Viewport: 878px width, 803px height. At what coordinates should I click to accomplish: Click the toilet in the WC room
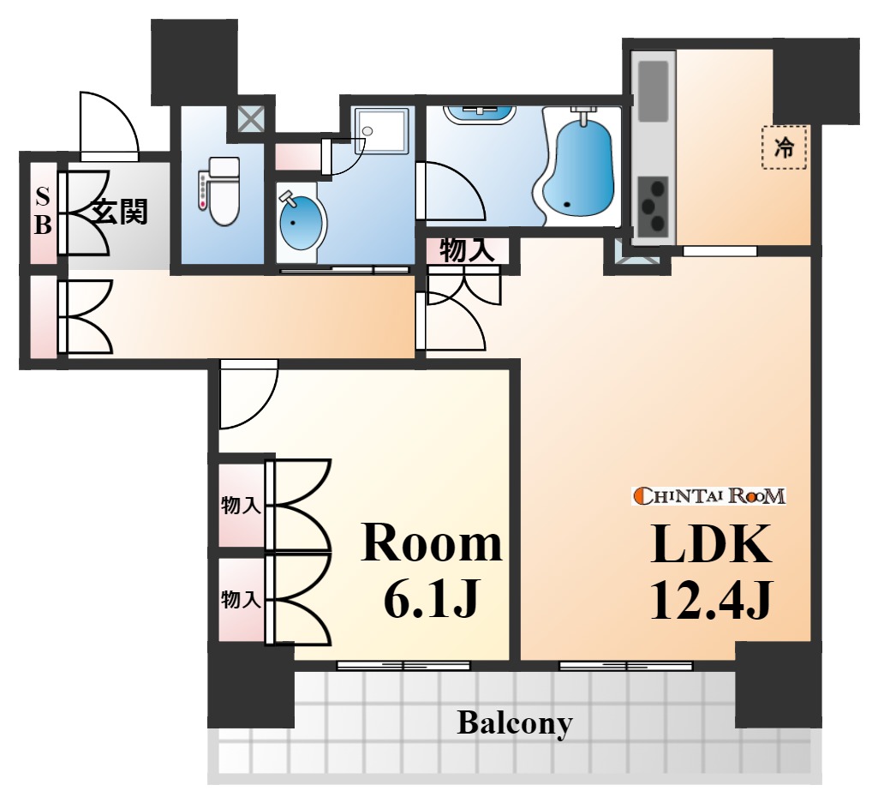point(219,191)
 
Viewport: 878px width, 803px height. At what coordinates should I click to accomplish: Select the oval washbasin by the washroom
point(302,221)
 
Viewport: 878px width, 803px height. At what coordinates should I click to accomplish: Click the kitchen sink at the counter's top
point(654,92)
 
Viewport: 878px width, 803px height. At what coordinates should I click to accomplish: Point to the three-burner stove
point(653,206)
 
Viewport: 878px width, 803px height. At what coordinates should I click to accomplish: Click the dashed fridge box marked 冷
point(785,147)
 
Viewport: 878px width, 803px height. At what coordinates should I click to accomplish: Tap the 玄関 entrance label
point(120,212)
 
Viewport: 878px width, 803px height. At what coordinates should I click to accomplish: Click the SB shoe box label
point(43,212)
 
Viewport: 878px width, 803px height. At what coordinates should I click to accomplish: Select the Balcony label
point(515,722)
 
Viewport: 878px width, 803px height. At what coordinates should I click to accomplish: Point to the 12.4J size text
point(711,599)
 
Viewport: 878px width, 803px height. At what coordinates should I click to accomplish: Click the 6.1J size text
point(431,598)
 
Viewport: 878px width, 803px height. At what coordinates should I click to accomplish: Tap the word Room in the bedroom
point(431,543)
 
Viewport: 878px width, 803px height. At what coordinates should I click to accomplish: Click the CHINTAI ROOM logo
point(709,496)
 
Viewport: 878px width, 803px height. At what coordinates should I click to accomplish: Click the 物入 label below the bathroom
point(467,250)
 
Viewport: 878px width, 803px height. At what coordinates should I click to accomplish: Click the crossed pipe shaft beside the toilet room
point(250,118)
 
